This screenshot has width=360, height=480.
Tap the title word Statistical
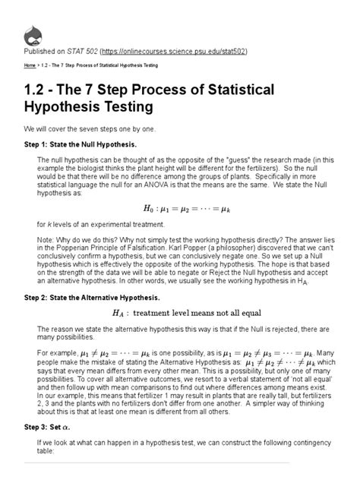click(230, 90)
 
